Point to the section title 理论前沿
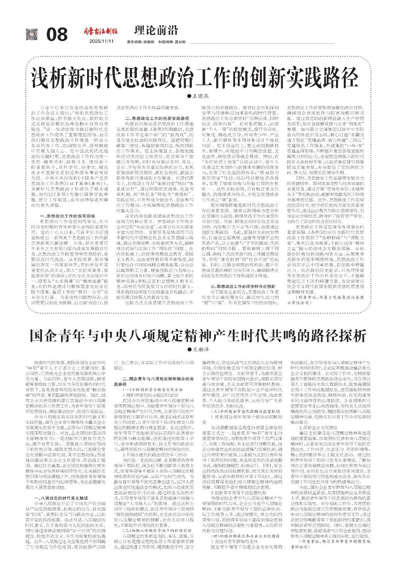pyautogui.click(x=156, y=30)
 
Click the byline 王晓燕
pyautogui.click(x=199, y=95)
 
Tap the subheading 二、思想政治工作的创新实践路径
pyautogui.click(x=157, y=117)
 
